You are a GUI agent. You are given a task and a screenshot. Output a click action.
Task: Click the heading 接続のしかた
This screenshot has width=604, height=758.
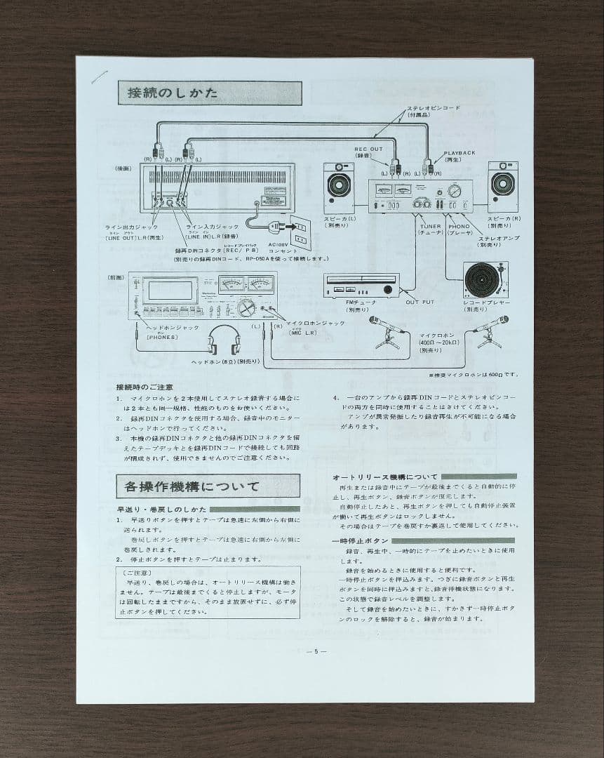(173, 93)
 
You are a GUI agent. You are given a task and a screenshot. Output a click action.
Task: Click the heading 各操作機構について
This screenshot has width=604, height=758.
(192, 486)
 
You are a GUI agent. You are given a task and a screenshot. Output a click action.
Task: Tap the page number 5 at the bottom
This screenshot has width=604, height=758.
(316, 651)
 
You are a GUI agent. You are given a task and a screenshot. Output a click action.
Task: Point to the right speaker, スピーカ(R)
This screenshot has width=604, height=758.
(502, 184)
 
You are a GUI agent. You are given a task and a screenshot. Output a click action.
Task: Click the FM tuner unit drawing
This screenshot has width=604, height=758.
(361, 285)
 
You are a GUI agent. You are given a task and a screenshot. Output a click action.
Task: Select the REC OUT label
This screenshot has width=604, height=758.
(368, 149)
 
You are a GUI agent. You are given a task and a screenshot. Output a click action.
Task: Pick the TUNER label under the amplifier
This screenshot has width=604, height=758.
(431, 227)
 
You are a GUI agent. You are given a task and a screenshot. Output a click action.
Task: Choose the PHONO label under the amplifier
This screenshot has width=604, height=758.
(459, 227)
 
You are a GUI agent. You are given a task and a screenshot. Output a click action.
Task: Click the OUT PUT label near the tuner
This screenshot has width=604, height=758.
(420, 302)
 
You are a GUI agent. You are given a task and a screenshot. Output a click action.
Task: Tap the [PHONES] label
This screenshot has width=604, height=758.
(162, 337)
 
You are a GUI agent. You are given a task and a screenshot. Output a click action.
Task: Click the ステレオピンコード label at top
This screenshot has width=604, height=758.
(434, 108)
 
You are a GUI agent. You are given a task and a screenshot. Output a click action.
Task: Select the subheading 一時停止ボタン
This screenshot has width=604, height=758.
(360, 540)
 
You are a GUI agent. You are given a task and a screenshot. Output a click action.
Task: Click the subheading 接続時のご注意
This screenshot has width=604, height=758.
(145, 387)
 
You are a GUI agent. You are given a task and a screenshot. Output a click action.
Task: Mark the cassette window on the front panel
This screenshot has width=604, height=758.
(171, 289)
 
